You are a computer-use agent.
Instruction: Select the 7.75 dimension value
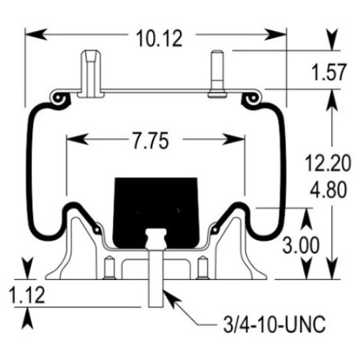(x=151, y=141)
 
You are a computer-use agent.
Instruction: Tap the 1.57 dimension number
(x=329, y=72)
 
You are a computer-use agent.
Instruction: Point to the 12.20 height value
(x=328, y=163)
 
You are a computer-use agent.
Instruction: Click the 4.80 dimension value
(x=328, y=189)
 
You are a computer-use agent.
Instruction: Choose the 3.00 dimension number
(x=301, y=246)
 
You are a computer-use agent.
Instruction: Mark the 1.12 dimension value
(x=27, y=295)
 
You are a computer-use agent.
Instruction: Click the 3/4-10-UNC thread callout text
(x=274, y=325)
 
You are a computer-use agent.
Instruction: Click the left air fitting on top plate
(x=90, y=73)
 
